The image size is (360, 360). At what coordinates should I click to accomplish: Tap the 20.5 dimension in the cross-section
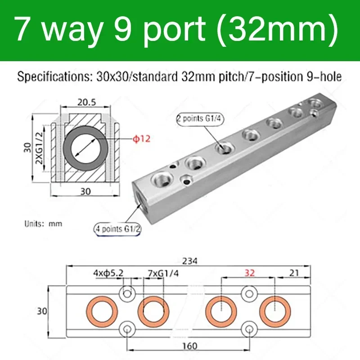(86, 102)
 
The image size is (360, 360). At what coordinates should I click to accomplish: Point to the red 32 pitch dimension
(248, 272)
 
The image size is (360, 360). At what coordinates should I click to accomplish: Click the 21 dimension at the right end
(294, 272)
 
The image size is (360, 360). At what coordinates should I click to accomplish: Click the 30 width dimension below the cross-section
(85, 191)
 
